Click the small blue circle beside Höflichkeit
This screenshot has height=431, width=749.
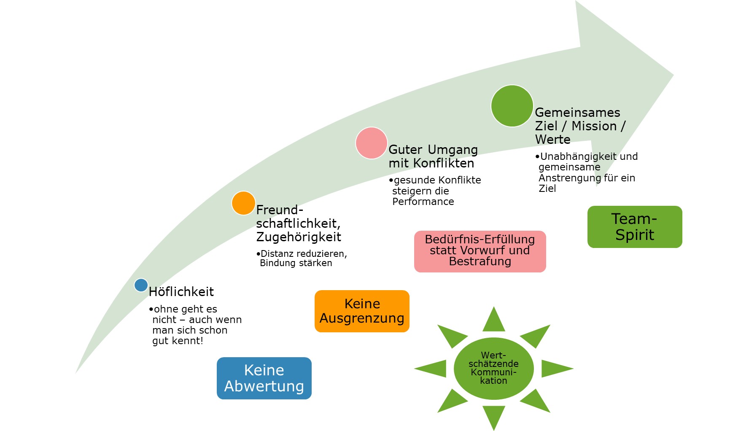(x=141, y=285)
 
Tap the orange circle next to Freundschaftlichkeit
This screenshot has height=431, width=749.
(x=243, y=203)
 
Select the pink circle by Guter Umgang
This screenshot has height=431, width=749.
(x=371, y=143)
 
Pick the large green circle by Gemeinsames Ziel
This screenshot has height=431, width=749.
(x=512, y=106)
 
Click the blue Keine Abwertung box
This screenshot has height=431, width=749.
(x=264, y=378)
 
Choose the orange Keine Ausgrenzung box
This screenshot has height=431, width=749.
(x=362, y=311)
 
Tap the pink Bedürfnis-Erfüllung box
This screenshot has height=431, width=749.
(x=480, y=251)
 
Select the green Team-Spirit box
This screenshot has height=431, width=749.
(x=635, y=227)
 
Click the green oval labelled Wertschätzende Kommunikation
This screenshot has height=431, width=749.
(x=493, y=368)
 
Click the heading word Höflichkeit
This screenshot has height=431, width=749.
(x=181, y=292)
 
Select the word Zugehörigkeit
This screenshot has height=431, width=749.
(x=299, y=237)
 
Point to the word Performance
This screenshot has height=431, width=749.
(x=423, y=202)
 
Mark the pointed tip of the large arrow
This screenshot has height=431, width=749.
(x=672, y=75)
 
